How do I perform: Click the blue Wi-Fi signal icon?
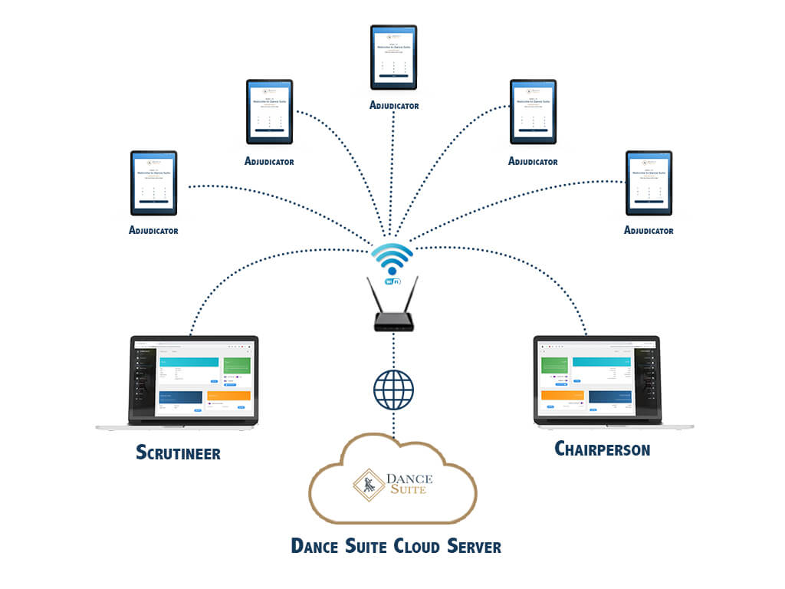point(392,258)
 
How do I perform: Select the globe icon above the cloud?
point(393,389)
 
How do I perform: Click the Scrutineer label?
point(178,452)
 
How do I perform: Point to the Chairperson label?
point(602,448)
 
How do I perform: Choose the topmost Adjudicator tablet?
point(393,57)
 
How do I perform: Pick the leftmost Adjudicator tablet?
point(153,183)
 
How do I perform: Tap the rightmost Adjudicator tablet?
point(649,183)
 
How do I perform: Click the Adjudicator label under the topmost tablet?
point(394,105)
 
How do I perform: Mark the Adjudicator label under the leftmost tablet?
point(153,230)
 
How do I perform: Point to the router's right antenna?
point(414,294)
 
